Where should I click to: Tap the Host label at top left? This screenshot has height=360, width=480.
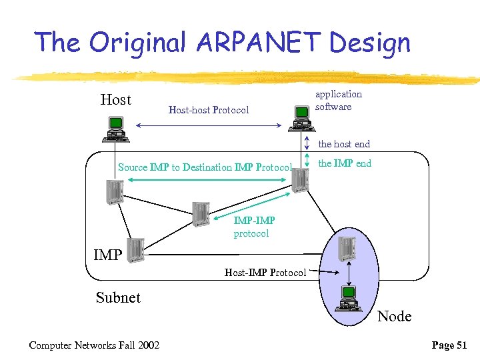(x=116, y=100)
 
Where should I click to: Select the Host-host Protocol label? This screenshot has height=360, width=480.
(x=209, y=110)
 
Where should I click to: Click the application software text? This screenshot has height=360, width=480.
(x=338, y=101)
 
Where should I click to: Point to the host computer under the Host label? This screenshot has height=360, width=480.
(x=115, y=129)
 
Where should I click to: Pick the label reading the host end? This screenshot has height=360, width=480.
(x=344, y=144)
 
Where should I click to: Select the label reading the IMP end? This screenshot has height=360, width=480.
(x=345, y=163)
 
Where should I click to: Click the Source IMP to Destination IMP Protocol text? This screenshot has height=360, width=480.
(x=205, y=167)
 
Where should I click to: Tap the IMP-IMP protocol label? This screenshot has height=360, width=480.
(x=253, y=227)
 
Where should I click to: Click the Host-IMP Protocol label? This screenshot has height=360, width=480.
(x=265, y=272)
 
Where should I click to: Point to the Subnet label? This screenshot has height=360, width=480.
(x=118, y=297)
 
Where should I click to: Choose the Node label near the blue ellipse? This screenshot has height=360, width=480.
(x=395, y=316)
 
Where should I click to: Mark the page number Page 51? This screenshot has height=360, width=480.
(x=449, y=345)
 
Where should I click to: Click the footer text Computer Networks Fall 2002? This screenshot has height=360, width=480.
(x=94, y=345)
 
